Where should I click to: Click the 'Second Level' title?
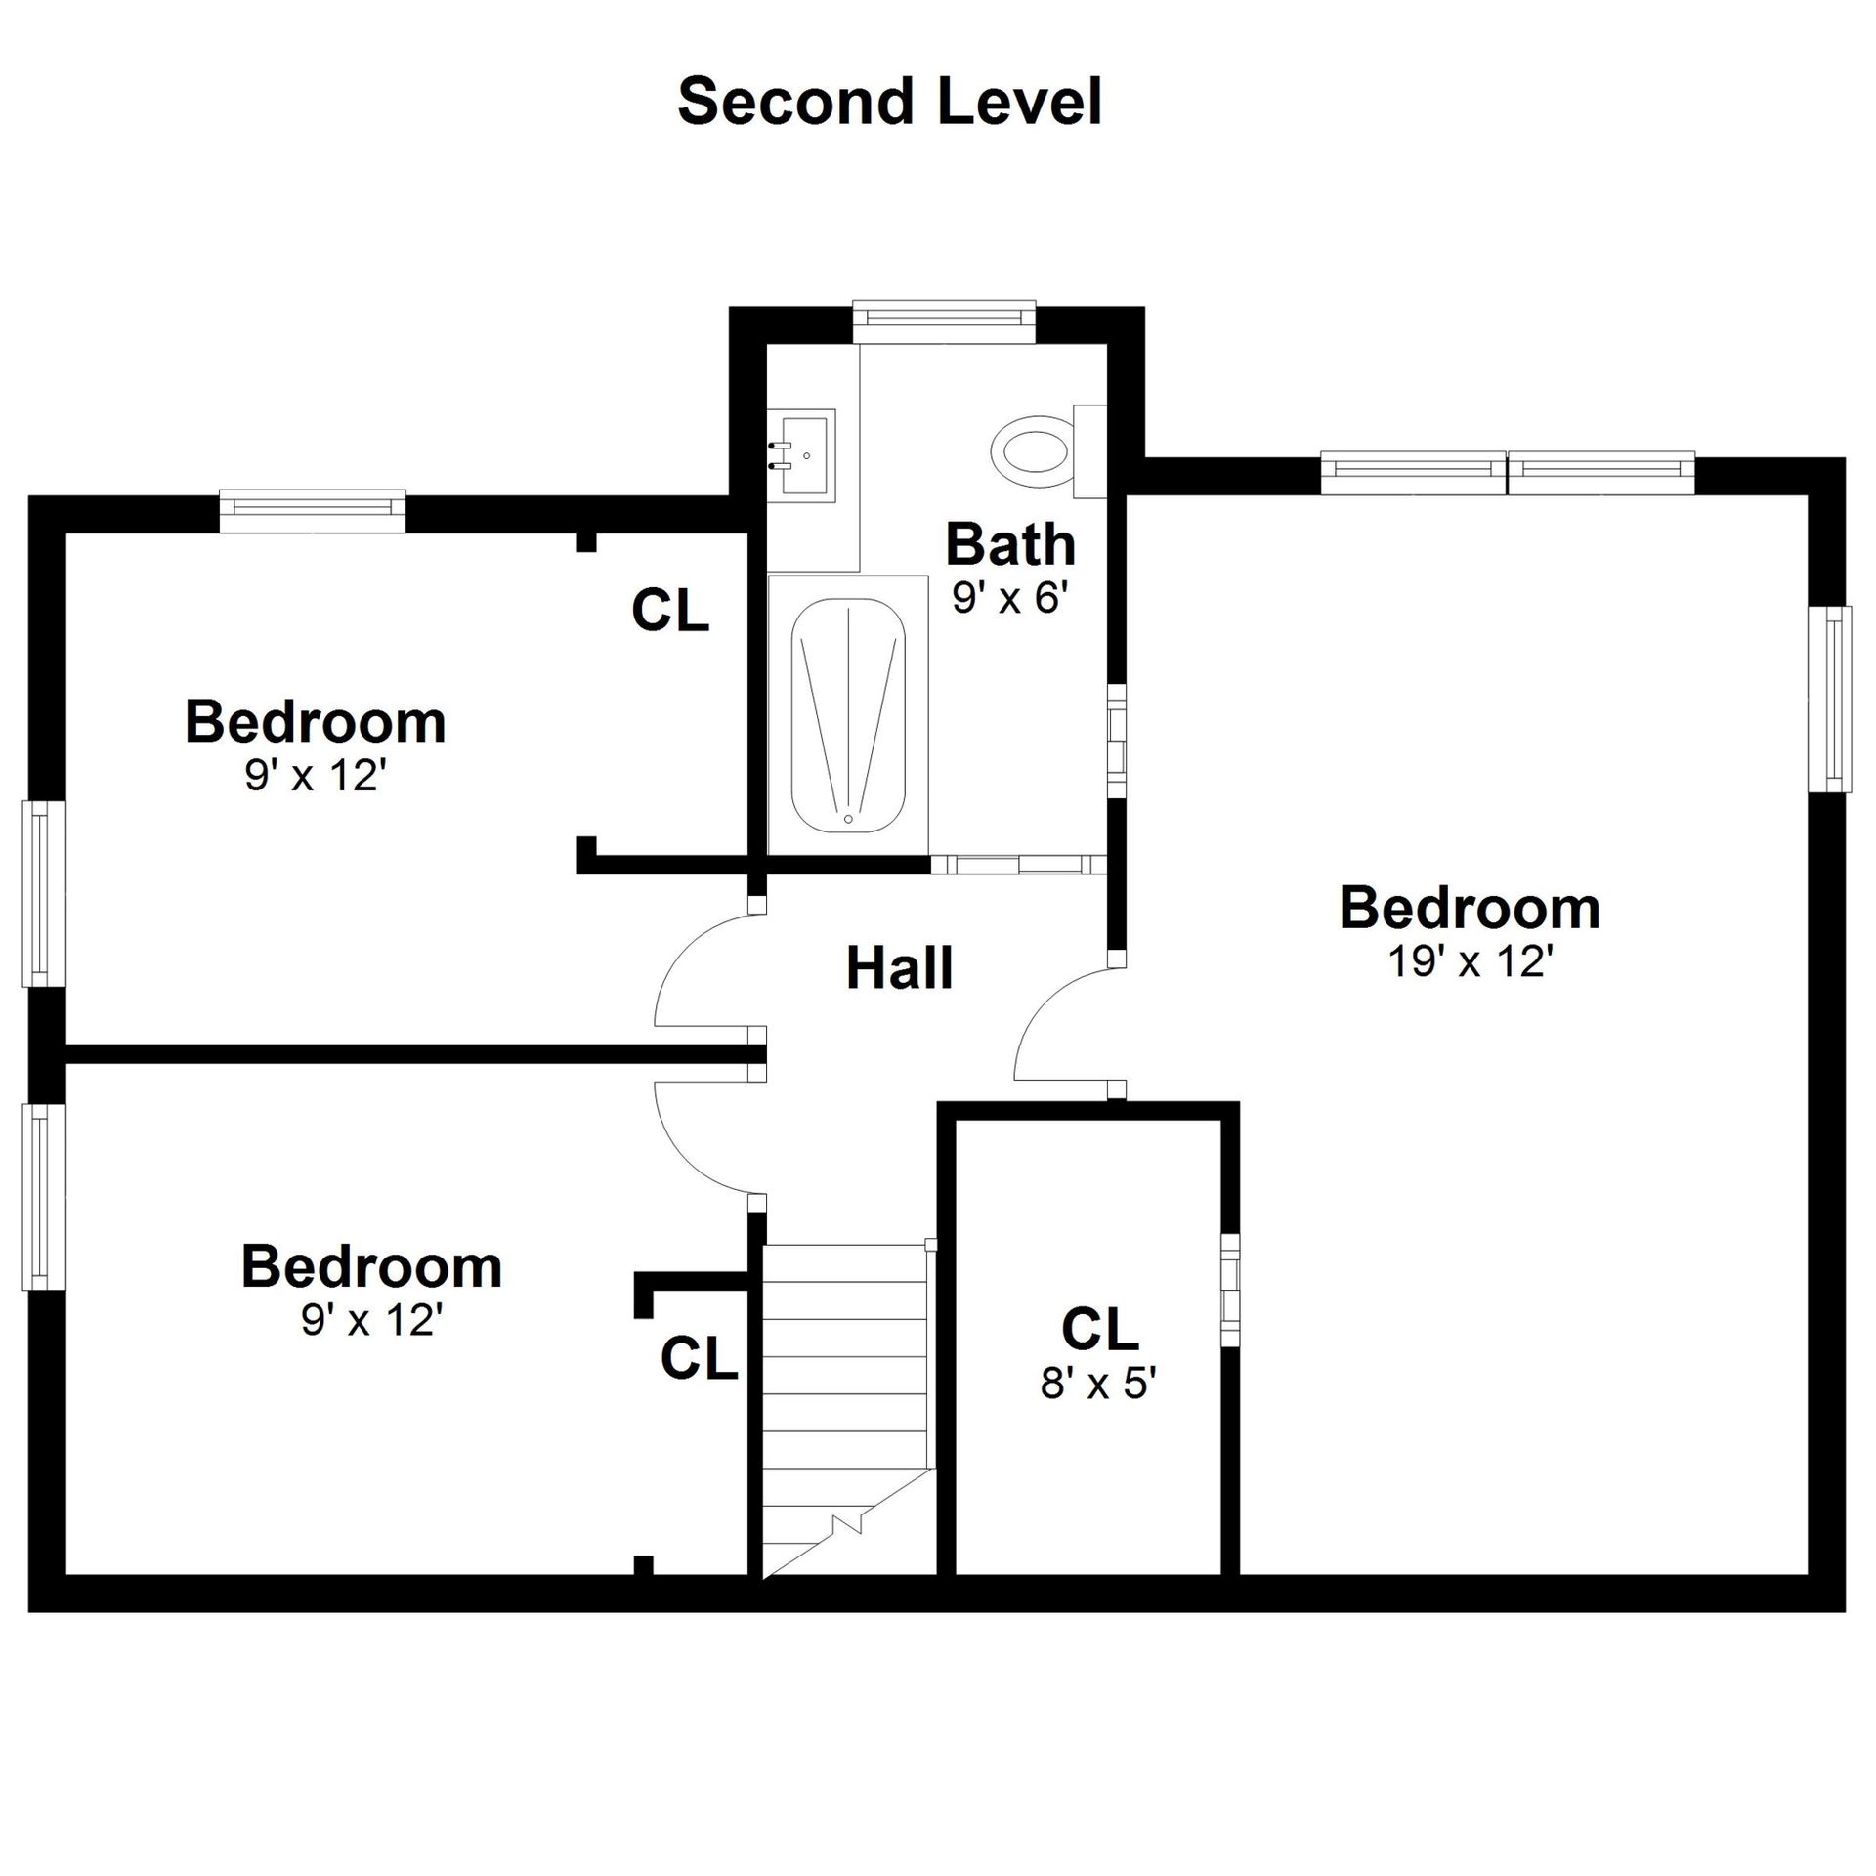[890, 102]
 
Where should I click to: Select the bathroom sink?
[801, 454]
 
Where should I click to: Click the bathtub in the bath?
[848, 715]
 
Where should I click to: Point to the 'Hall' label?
[899, 967]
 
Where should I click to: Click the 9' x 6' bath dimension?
[1005, 598]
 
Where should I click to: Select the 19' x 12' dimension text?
[1470, 961]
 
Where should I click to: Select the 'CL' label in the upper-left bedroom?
[670, 610]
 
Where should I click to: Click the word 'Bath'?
[1010, 543]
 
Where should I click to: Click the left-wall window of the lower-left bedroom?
[43, 1197]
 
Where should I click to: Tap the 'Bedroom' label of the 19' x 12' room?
[1470, 908]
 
